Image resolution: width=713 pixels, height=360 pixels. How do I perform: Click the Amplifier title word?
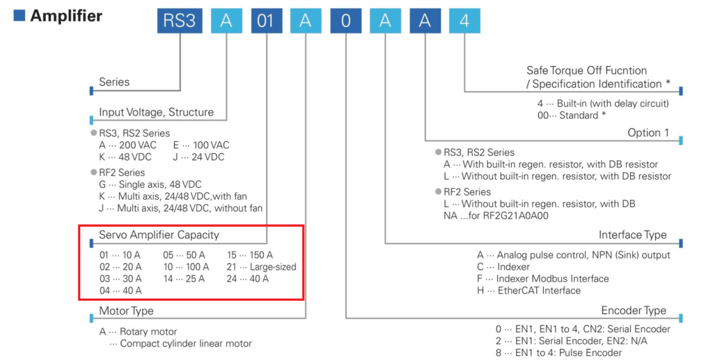click(x=66, y=15)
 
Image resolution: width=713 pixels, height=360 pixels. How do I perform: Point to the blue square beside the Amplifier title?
click(x=19, y=15)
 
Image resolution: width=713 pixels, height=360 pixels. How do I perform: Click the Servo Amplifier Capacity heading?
click(x=159, y=235)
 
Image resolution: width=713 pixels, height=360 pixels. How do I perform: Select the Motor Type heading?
click(x=126, y=311)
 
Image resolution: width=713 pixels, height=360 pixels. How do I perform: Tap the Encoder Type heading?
click(x=634, y=311)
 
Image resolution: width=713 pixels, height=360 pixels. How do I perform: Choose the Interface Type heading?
click(x=632, y=235)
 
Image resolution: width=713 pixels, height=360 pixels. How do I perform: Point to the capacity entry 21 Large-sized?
click(x=262, y=267)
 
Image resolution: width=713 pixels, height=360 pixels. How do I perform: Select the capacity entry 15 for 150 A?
click(x=250, y=255)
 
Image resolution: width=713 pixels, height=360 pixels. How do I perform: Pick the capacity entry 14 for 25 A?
click(x=184, y=279)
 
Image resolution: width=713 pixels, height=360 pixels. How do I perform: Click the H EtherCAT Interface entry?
click(x=528, y=290)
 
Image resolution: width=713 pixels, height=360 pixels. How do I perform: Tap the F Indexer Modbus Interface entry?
click(x=542, y=279)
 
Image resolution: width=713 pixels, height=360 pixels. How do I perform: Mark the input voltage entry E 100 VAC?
click(x=201, y=145)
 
